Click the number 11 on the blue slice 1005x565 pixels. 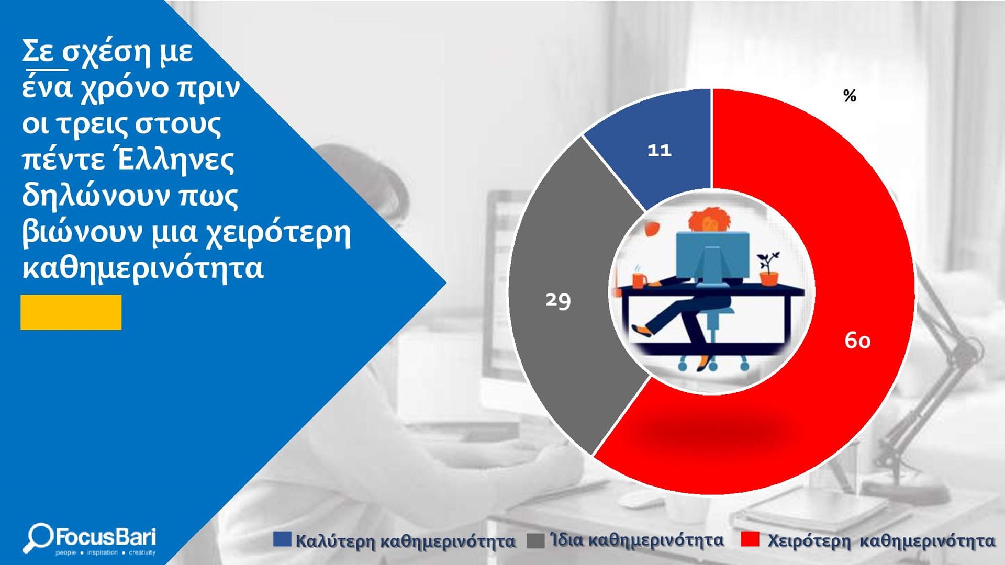(660, 151)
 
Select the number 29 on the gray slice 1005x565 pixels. (558, 301)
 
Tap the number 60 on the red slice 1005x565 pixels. (857, 341)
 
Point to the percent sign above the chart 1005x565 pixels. (850, 96)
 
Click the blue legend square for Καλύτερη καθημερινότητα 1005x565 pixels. (282, 539)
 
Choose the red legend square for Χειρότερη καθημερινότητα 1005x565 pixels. (750, 539)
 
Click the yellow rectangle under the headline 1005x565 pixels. (71, 312)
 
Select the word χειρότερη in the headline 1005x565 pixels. (277, 233)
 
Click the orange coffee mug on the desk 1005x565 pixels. (640, 280)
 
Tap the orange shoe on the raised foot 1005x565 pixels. (642, 331)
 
